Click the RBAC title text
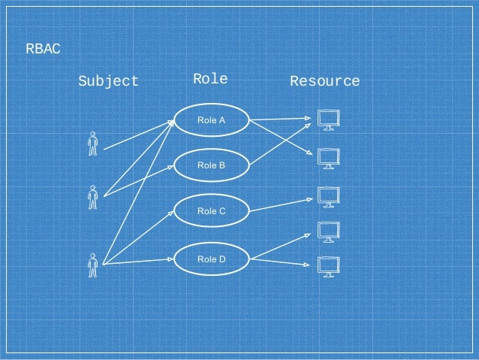tap(43, 50)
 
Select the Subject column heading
tap(109, 81)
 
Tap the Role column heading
tap(210, 79)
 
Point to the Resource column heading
tap(324, 81)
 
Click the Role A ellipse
tap(211, 120)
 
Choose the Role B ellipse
tap(211, 164)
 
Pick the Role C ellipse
tap(211, 211)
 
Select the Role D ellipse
tap(211, 259)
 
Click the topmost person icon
tap(92, 144)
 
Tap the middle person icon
tap(92, 197)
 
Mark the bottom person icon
tap(92, 265)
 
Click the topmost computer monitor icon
tap(328, 119)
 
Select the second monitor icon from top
tap(328, 159)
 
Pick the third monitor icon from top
tap(328, 197)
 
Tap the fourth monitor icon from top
tap(328, 231)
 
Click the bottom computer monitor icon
tap(328, 267)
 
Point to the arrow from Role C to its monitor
tap(282, 205)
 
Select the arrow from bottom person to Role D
tap(139, 262)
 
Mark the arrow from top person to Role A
tap(139, 135)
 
